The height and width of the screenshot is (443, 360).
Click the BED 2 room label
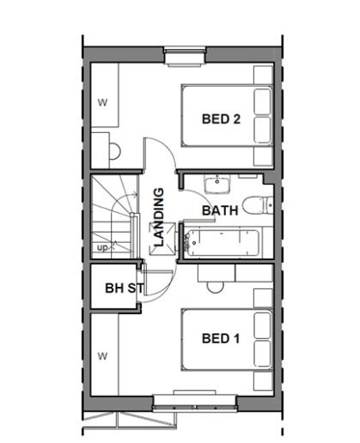click(x=221, y=119)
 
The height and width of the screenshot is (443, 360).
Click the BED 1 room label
click(x=221, y=338)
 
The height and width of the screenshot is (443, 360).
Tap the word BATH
click(x=221, y=209)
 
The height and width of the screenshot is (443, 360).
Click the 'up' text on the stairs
click(x=103, y=248)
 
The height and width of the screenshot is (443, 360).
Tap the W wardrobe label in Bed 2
click(x=102, y=103)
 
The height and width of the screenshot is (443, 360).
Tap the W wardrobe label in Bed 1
click(x=102, y=355)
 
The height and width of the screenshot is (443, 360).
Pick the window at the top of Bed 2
click(x=186, y=58)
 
